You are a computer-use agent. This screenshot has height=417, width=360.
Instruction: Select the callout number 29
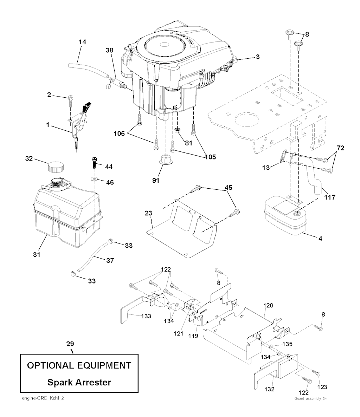[x=70, y=343]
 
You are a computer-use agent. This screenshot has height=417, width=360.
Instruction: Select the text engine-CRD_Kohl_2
[x=42, y=398]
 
